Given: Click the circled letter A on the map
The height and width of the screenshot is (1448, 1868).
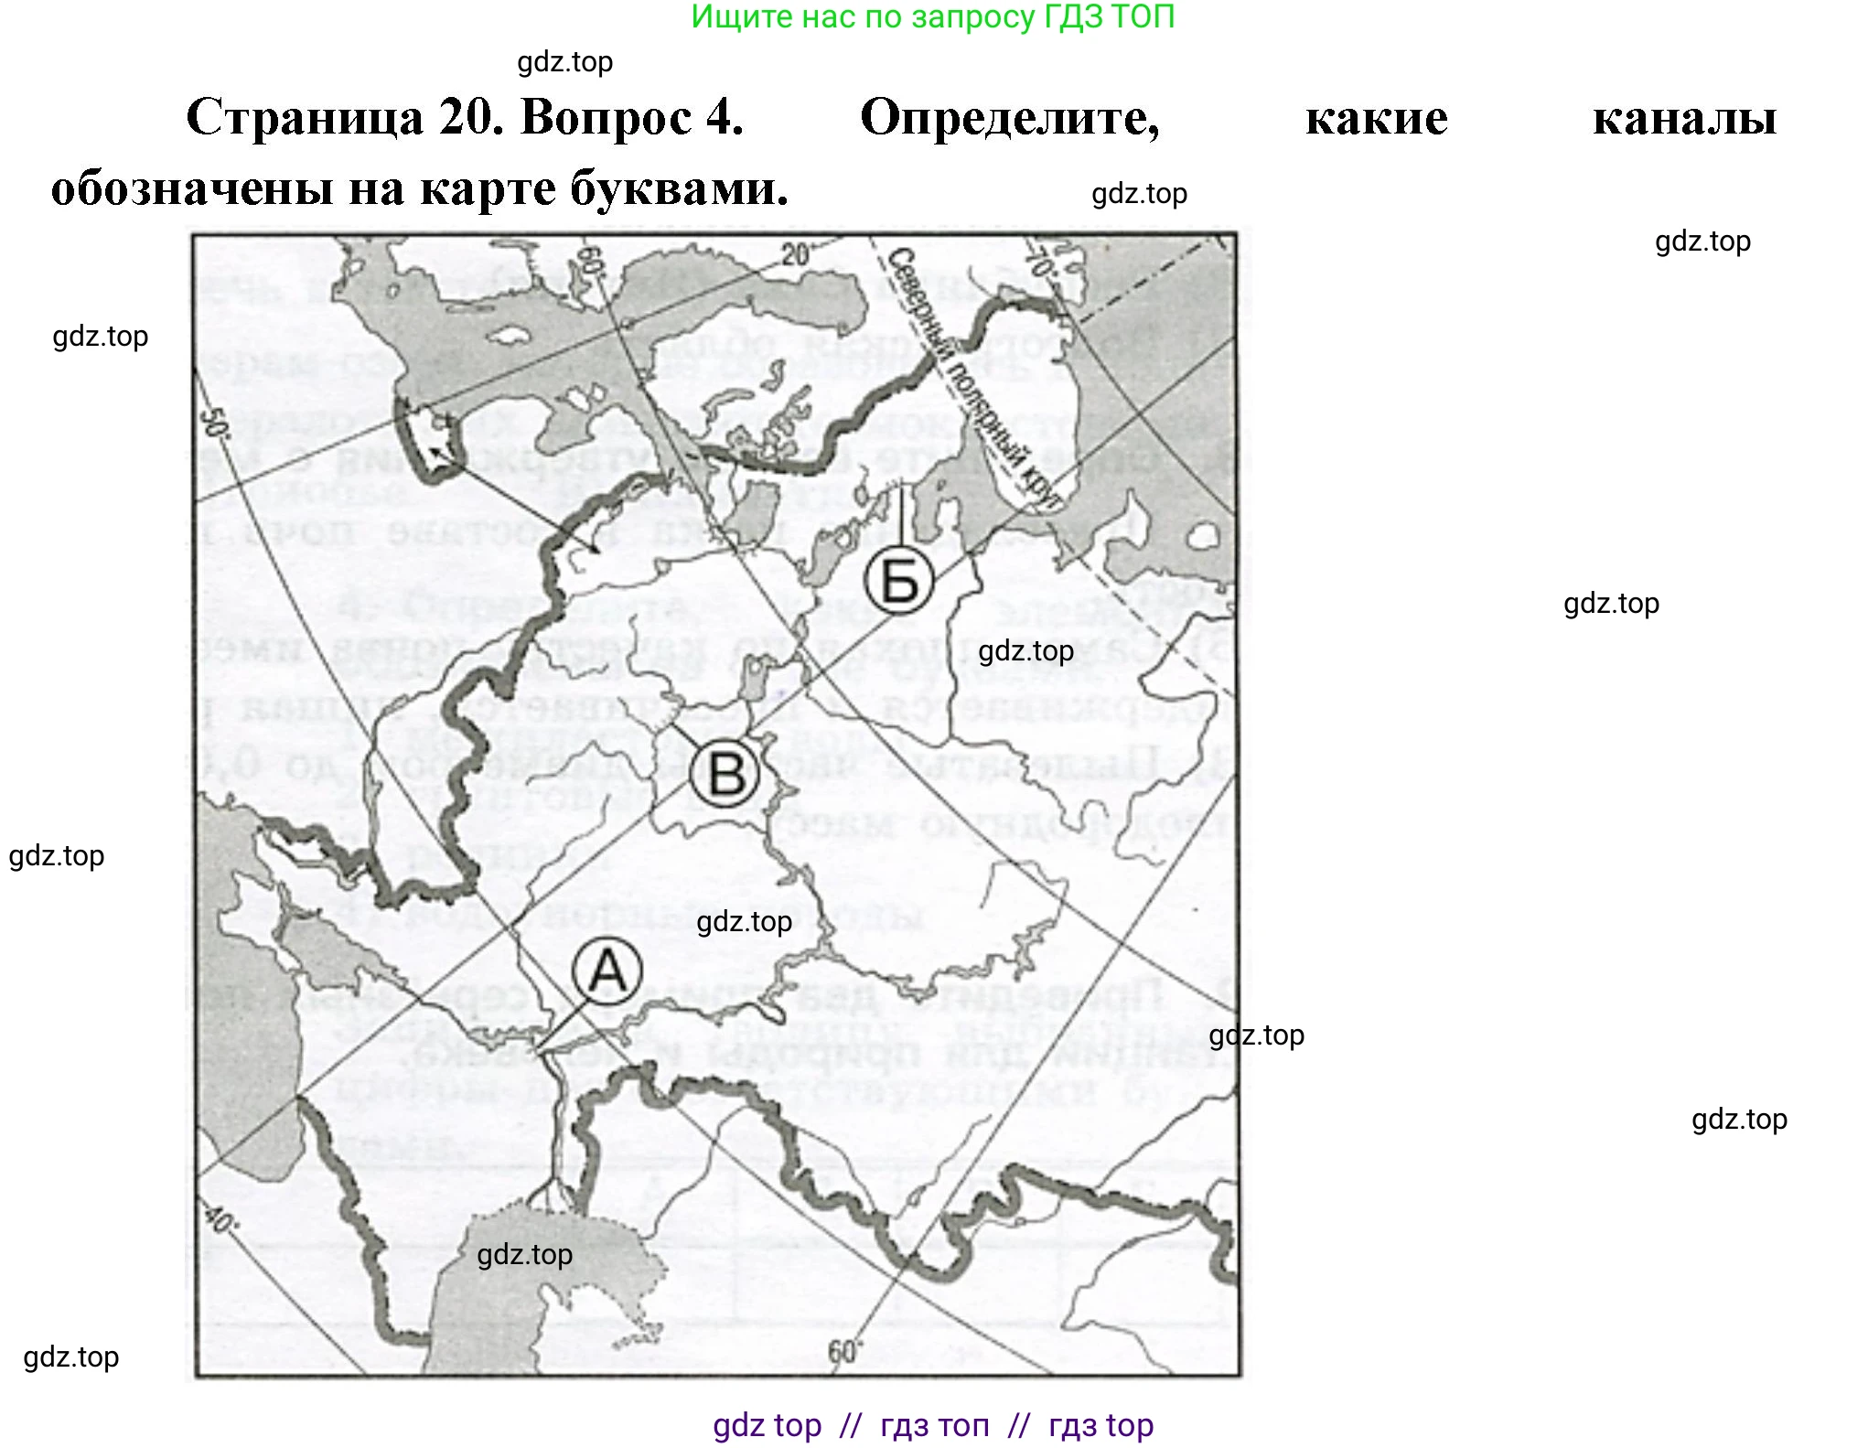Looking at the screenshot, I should pyautogui.click(x=607, y=971).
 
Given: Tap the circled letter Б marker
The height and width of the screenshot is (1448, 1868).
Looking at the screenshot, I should pyautogui.click(x=899, y=580).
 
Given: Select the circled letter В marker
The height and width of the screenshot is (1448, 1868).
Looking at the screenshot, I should pyautogui.click(x=725, y=774).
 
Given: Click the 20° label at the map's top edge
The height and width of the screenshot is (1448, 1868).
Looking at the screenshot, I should pyautogui.click(x=797, y=253).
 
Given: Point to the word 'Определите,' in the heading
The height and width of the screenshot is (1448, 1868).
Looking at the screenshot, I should pyautogui.click(x=1009, y=118).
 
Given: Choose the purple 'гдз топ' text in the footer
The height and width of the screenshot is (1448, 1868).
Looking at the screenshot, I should pyautogui.click(x=934, y=1425).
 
